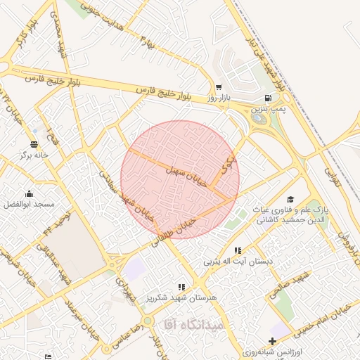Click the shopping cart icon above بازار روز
tap(219, 87)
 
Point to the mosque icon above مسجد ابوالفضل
tap(29, 194)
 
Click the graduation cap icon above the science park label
tap(291, 200)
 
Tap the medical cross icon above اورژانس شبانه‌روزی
tap(272, 341)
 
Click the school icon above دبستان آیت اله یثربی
tap(238, 250)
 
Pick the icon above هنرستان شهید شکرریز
tap(182, 287)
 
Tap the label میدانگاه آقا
tap(193, 324)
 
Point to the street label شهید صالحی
tap(296, 282)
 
